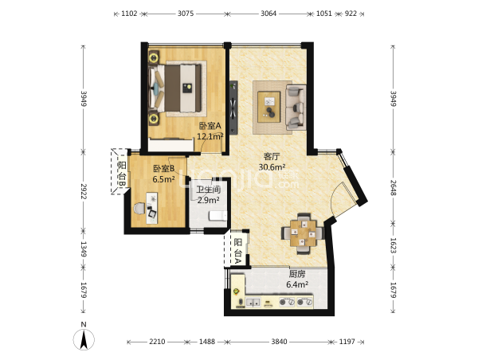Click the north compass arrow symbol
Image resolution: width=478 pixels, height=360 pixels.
pos(84,339)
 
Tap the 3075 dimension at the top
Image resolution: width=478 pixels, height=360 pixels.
pos(186,14)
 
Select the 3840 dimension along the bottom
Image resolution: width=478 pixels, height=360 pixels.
pos(280,342)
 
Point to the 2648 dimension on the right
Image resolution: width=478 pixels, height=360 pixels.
pos(393,187)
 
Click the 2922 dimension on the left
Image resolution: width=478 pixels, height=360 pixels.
pos(84,191)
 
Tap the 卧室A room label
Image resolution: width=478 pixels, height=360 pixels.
pos(210,126)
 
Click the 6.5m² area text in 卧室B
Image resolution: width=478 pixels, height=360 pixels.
pos(163,179)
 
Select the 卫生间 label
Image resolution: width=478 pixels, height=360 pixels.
pos(209,190)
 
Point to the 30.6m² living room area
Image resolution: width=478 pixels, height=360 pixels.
pos(272,167)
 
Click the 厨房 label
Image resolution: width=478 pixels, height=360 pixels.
pos(297,274)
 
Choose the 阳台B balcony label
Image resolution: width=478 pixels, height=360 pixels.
pos(122,174)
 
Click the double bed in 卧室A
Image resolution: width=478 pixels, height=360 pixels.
pos(175,88)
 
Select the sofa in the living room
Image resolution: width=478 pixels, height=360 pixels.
pos(296,107)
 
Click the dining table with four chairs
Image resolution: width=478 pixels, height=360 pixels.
pos(303,233)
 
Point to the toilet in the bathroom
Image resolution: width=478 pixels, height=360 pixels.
pos(217,216)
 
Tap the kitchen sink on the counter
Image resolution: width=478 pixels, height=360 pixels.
pos(253,303)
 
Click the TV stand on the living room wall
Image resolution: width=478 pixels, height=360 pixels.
pos(233,107)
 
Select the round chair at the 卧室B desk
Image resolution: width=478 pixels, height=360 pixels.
pos(139,209)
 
